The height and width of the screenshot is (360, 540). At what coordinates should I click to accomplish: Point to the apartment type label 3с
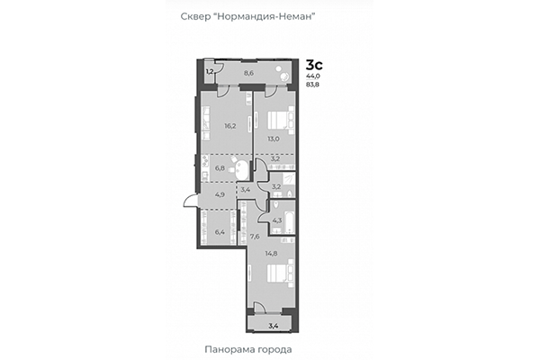[x=314, y=64]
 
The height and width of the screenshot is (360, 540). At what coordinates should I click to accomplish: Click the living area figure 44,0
[x=314, y=77]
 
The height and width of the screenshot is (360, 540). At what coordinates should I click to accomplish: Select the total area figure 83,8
[x=314, y=86]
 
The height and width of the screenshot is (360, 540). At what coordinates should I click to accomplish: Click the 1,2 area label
[x=209, y=70]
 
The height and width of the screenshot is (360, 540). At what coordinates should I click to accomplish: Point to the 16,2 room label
[x=229, y=127]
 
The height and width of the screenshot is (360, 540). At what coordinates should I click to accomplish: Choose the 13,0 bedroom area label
[x=272, y=139]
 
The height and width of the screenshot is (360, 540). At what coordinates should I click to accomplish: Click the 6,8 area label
[x=219, y=167]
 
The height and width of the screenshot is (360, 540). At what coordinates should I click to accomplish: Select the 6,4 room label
[x=219, y=232]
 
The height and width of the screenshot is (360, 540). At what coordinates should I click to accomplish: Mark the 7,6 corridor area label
[x=255, y=238]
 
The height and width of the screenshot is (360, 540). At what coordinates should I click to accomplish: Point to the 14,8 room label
[x=270, y=254]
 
